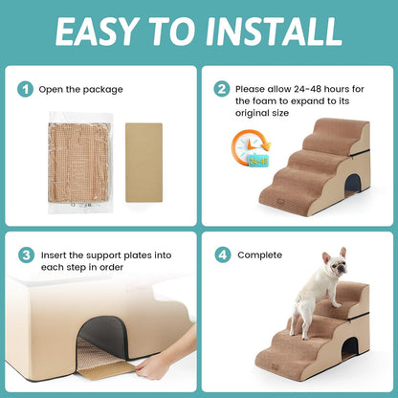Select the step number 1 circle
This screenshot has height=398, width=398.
26,89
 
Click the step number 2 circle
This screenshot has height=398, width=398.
222,89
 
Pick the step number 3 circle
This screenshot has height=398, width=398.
26,255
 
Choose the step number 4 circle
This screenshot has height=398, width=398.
222,255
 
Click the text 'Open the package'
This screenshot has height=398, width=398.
80,89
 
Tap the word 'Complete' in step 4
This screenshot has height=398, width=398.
259,255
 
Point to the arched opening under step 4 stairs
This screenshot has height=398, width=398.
350,349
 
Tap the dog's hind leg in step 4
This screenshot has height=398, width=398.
296,335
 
